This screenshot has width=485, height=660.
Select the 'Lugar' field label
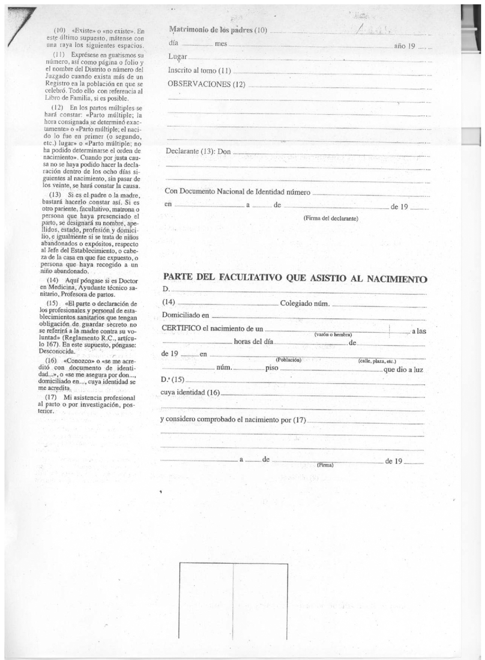[x=177, y=57]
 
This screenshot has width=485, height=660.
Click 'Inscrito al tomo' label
[x=192, y=70]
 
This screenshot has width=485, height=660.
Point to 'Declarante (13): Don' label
[x=198, y=151]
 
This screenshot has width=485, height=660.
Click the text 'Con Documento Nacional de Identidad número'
[x=238, y=192]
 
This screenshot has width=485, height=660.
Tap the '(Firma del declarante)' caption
[x=331, y=218]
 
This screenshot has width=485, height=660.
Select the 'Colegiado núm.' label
[x=305, y=304]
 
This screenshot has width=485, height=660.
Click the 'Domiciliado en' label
[x=185, y=315]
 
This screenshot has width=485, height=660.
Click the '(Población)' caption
[x=288, y=360]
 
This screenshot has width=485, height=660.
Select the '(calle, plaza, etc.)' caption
[x=377, y=361]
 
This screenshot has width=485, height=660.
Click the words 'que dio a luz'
[x=403, y=370]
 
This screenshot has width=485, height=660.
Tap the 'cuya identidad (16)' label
[x=190, y=392]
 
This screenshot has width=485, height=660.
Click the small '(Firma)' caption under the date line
[x=325, y=465]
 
